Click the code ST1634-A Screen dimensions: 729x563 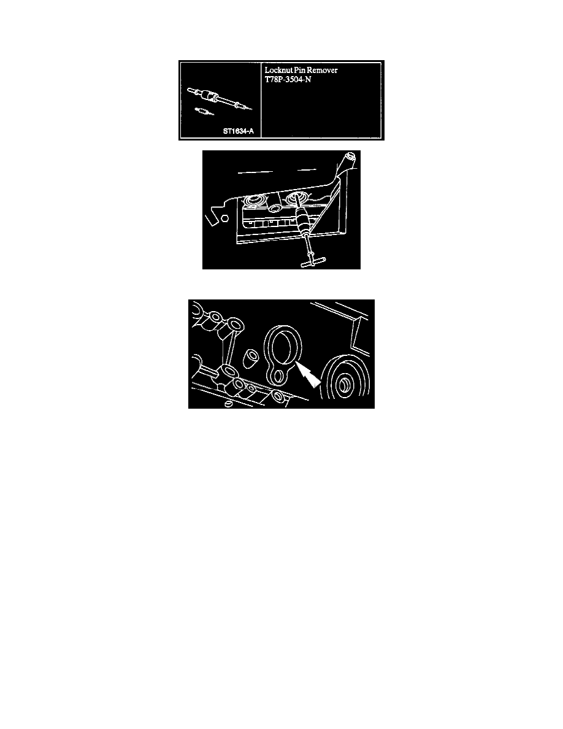(x=237, y=131)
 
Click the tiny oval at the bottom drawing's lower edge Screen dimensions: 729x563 (x=228, y=404)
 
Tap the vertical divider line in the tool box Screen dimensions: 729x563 (x=262, y=100)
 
